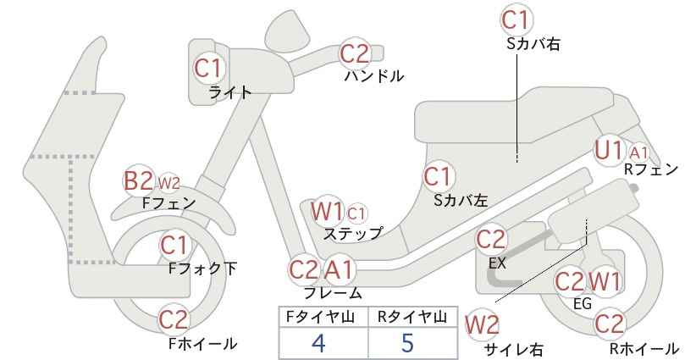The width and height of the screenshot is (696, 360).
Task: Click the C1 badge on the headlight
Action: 208,68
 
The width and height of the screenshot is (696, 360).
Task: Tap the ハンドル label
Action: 374,76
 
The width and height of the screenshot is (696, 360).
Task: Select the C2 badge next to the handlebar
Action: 354,53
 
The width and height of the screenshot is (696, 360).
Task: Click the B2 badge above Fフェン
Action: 139,180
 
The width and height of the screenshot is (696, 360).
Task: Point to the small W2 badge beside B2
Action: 168,182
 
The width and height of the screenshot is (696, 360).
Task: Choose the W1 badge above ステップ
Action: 327,212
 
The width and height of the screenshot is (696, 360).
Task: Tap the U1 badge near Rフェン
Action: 609,151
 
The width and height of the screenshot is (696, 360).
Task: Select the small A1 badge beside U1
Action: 638,153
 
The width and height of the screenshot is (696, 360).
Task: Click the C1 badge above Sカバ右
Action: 516,19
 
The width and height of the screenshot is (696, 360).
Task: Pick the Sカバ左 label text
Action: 461,201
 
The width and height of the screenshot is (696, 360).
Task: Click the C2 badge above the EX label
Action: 490,240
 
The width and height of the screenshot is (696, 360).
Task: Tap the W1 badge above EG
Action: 604,281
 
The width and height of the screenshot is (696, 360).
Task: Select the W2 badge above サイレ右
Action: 482,324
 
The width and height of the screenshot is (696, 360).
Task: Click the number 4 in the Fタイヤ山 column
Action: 318,342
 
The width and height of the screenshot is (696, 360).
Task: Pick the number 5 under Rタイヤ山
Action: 407,342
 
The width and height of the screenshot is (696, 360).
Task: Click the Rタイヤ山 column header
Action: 412,317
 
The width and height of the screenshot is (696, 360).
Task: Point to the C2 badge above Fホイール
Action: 174,319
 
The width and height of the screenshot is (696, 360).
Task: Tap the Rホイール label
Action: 644,348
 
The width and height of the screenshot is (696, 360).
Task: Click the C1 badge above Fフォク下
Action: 174,246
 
